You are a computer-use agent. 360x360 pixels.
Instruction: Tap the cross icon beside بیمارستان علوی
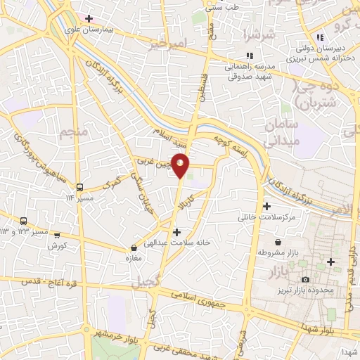point(89,19)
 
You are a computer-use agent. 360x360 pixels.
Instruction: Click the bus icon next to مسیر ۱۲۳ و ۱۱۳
point(24,221)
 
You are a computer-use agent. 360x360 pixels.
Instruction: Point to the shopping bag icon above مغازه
point(134,247)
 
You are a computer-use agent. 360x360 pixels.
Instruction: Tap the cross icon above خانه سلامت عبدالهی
point(176,232)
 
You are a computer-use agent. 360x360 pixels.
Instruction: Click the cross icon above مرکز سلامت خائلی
point(266,206)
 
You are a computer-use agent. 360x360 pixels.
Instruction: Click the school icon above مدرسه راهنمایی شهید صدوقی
point(248,56)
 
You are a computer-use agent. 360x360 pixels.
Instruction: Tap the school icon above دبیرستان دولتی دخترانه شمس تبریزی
point(320,37)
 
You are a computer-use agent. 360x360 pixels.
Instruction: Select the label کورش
point(57,246)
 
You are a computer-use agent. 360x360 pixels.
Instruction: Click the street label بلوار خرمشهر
point(115,333)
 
